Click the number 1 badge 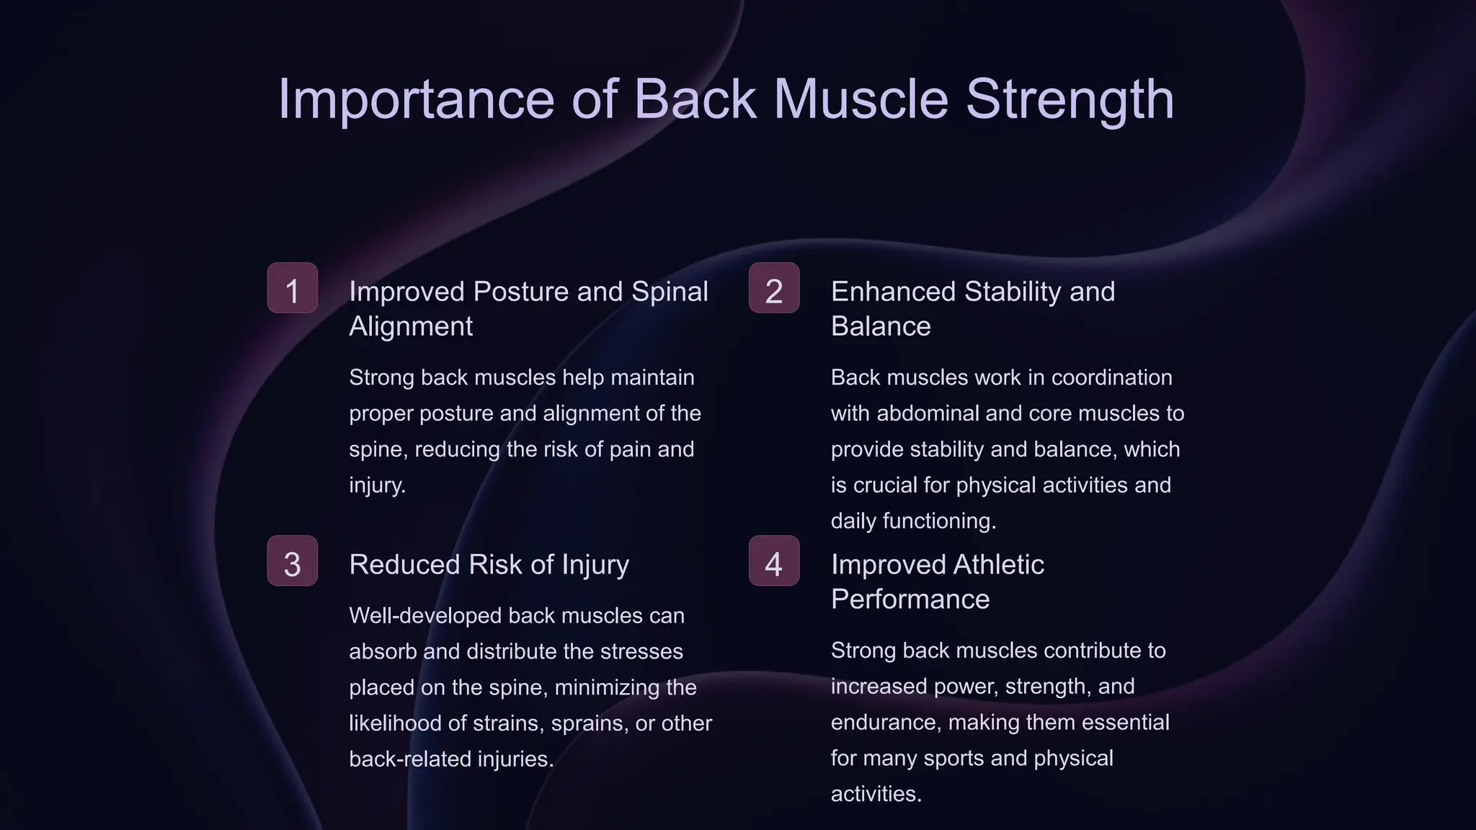point(292,288)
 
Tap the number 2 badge point(773,288)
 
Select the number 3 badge point(292,561)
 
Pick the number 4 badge point(773,561)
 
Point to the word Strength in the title point(1070,99)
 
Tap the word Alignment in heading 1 point(411,326)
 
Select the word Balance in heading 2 point(881,326)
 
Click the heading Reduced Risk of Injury point(489,564)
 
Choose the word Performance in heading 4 point(910,599)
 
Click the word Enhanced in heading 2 point(893,292)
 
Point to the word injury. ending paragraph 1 point(378,485)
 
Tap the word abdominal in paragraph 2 point(927,414)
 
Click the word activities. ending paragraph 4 point(876,794)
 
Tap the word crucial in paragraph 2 point(884,485)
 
